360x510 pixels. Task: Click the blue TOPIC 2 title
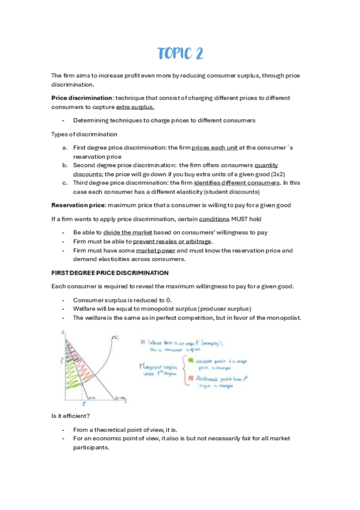(180, 54)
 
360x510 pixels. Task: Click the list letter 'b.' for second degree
(65, 165)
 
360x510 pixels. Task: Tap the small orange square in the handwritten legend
(192, 378)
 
